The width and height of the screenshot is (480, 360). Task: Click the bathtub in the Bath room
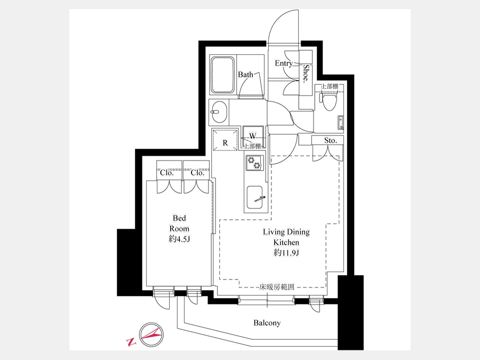222,75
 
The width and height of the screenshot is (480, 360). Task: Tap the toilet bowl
329,101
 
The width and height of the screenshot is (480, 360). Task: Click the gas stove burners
254,163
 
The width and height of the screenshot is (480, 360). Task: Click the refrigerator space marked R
225,140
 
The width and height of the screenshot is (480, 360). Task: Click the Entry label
284,63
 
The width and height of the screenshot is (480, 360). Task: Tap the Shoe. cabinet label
306,74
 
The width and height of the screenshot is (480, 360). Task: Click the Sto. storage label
331,140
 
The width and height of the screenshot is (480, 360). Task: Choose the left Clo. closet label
167,173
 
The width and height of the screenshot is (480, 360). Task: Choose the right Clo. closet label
197,173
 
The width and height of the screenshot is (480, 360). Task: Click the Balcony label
267,323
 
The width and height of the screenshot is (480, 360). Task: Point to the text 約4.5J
179,239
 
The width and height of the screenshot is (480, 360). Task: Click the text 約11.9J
286,253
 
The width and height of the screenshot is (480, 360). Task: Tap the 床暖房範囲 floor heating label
277,287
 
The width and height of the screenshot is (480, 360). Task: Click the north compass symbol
151,334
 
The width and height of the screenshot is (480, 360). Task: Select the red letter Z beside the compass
131,342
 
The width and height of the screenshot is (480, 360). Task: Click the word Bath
245,74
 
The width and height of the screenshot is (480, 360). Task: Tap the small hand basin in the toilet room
341,123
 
